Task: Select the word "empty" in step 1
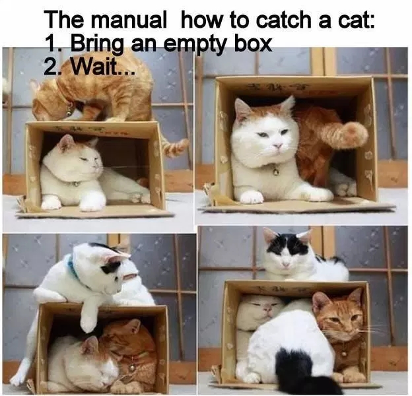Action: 198,44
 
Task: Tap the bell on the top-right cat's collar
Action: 276,172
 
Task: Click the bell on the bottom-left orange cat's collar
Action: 132,367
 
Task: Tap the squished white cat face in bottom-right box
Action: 261,310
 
